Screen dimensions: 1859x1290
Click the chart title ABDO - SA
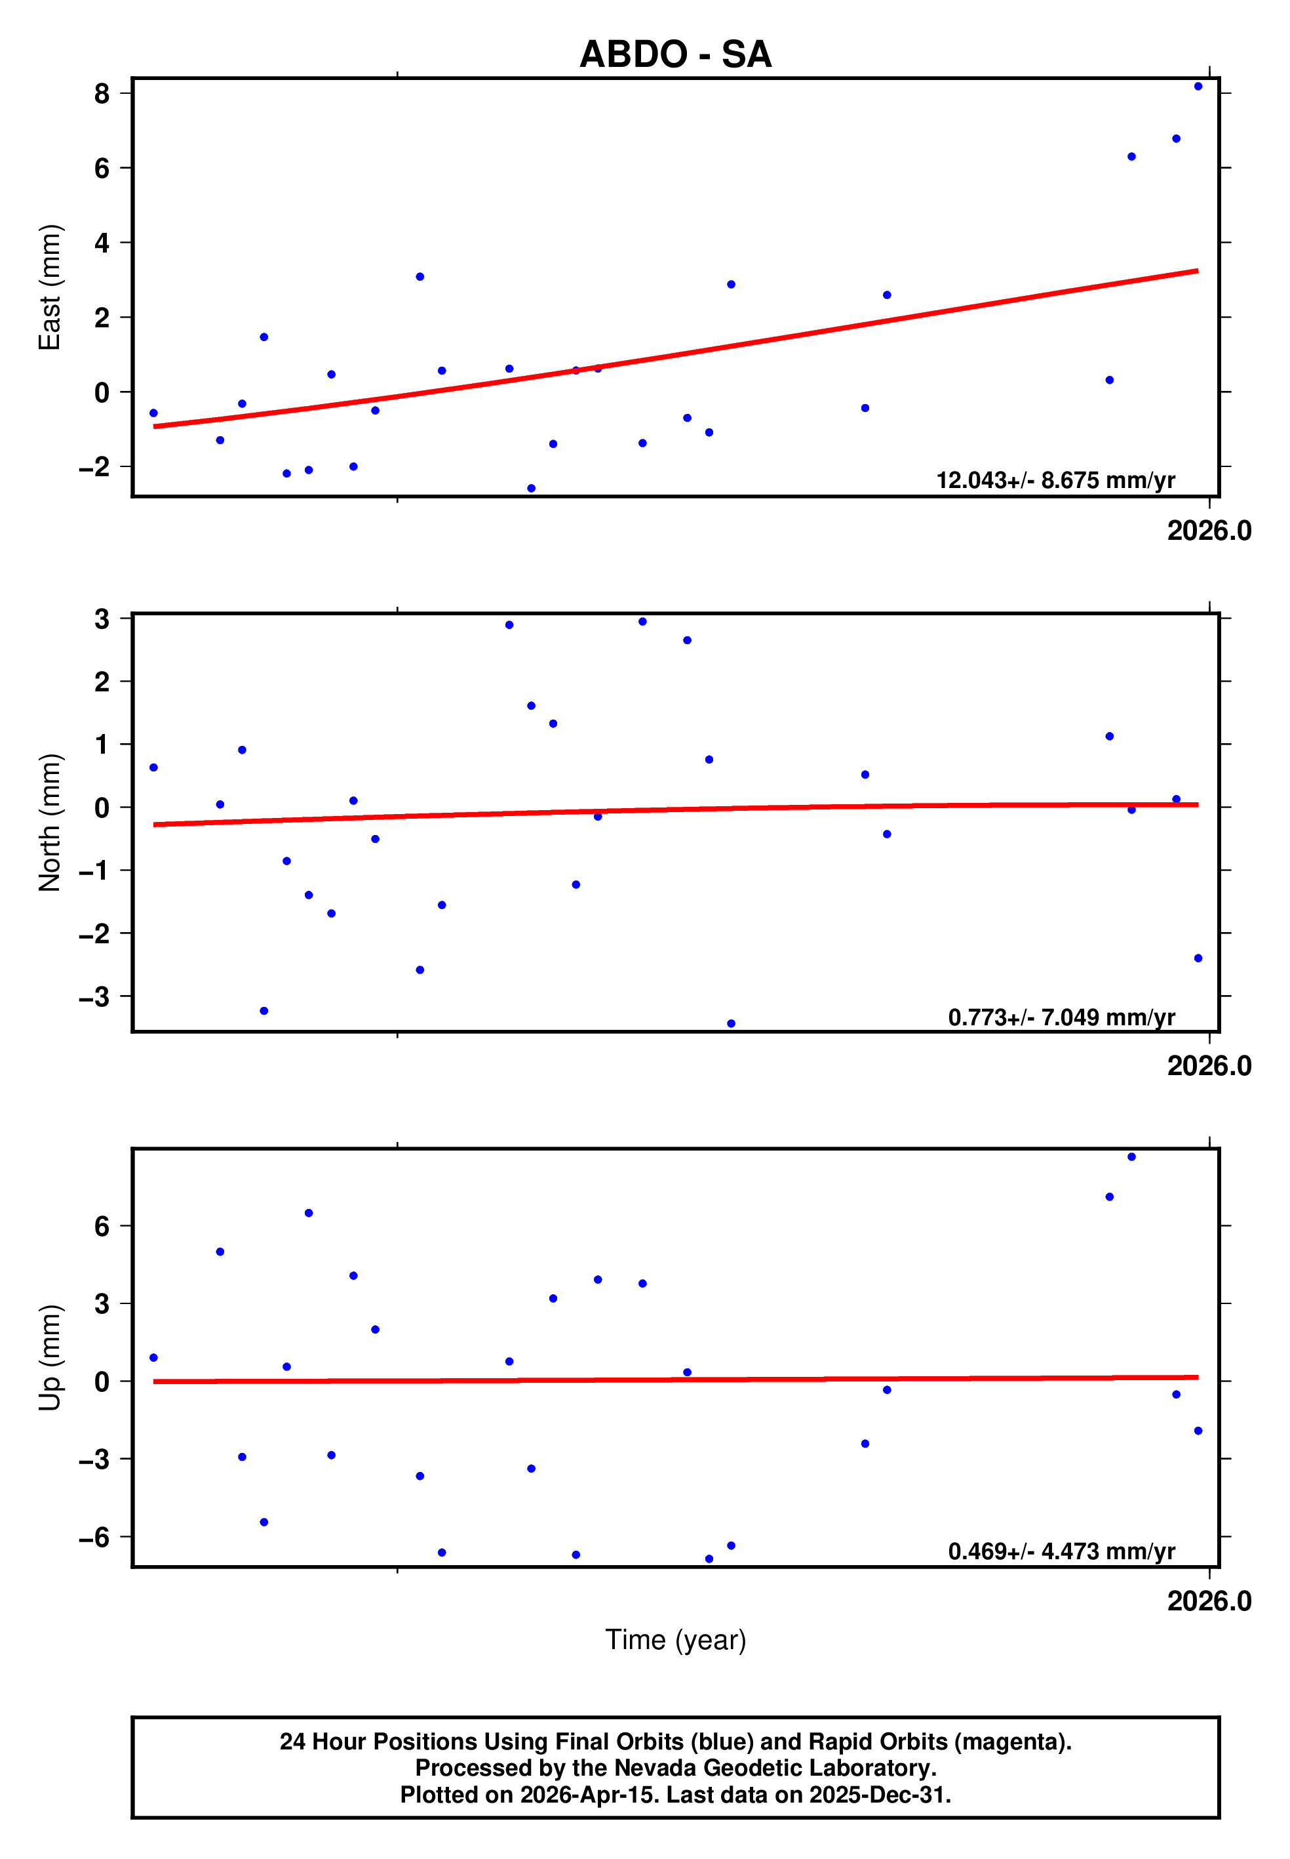(675, 54)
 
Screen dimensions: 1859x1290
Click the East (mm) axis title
(50, 287)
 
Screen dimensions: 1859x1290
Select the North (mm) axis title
(50, 823)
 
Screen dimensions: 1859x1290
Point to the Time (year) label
(675, 1639)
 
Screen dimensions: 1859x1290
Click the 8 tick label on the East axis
(102, 94)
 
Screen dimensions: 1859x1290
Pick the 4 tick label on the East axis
(102, 243)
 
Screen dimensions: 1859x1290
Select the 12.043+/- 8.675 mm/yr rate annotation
(1055, 480)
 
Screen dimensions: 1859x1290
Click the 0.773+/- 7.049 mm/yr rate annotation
(1061, 1017)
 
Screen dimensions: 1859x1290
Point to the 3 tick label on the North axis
(102, 619)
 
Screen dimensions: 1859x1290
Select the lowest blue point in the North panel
(731, 1024)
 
